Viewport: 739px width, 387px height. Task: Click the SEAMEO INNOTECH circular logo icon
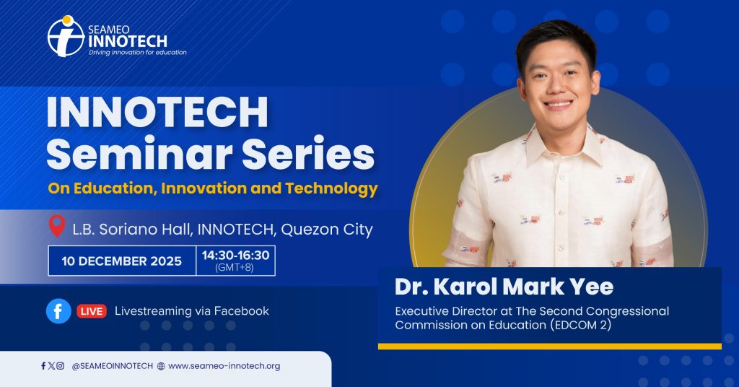66,36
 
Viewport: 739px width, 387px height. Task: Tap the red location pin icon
57,226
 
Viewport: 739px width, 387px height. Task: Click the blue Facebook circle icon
58,311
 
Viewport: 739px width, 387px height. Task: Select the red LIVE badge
92,311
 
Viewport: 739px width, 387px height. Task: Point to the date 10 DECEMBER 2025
121,261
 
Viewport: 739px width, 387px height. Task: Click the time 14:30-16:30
236,256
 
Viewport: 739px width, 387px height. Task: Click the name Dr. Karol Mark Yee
504,287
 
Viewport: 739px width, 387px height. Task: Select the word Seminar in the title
139,154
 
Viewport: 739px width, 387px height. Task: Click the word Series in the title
308,154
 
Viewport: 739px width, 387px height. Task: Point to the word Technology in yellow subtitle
331,188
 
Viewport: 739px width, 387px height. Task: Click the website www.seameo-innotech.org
224,366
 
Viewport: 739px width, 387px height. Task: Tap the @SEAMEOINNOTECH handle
112,366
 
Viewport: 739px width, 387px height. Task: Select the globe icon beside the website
161,366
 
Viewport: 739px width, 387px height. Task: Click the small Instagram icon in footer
61,365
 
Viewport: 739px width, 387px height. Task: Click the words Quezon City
327,230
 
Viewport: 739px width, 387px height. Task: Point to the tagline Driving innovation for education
138,52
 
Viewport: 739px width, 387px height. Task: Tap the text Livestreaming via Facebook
192,311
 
